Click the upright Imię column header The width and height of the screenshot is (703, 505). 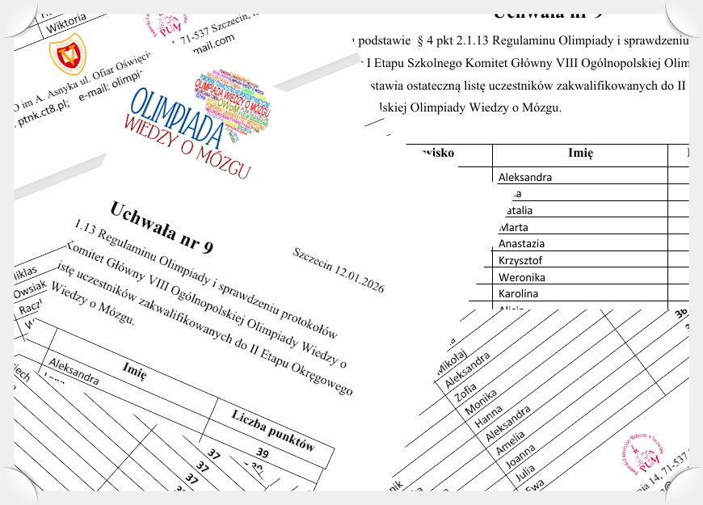580,154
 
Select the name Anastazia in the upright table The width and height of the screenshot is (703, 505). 521,244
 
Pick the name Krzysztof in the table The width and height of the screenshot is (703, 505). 520,261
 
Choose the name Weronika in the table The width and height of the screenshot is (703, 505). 522,278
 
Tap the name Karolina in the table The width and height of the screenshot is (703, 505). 518,294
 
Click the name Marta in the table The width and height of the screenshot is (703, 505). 516,227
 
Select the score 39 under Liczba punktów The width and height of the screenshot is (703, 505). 263,452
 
